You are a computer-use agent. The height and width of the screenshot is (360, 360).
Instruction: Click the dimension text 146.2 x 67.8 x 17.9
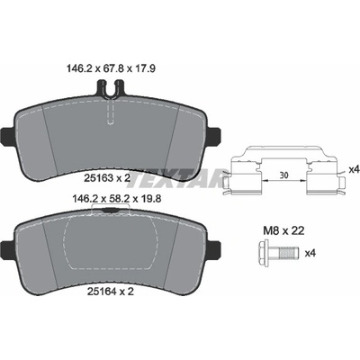[110, 69]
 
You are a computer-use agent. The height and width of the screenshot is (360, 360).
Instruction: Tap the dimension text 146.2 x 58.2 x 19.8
[117, 198]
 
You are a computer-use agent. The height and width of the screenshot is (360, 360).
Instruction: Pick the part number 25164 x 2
[110, 292]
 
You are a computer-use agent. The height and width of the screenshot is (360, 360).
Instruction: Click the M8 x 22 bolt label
[283, 230]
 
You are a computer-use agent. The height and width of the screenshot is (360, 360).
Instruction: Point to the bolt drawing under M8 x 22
[276, 253]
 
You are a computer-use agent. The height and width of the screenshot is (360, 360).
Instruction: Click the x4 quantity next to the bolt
[310, 254]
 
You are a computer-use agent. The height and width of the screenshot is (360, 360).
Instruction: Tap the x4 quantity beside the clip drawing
[355, 170]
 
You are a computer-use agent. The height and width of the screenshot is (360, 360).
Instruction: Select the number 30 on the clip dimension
[283, 175]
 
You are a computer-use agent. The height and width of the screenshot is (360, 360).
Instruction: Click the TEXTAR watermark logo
[178, 179]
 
